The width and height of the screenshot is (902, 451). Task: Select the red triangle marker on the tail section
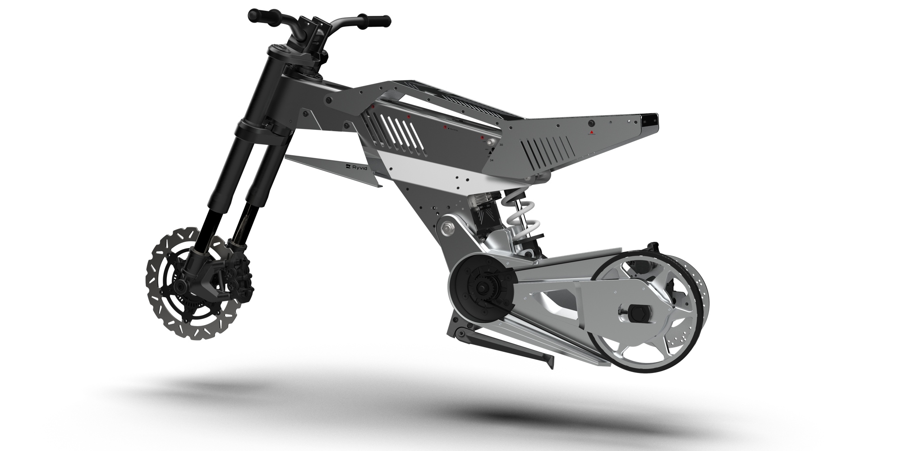point(592,133)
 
